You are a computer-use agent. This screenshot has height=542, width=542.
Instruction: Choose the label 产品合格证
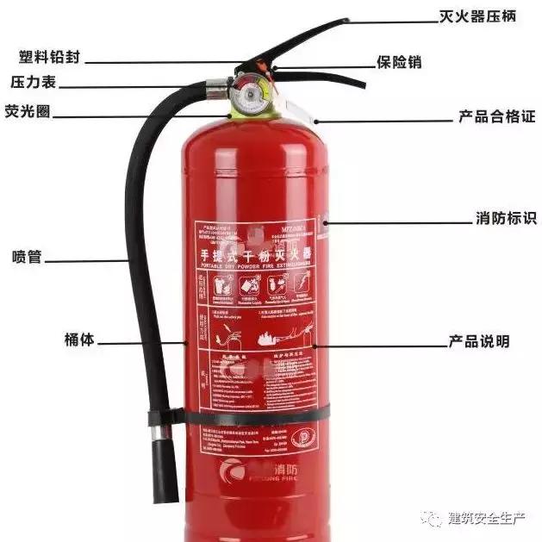coord(495,116)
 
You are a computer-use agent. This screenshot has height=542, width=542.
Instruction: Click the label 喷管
coord(27,257)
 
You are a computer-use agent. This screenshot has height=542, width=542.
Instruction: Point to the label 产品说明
coord(478,341)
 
